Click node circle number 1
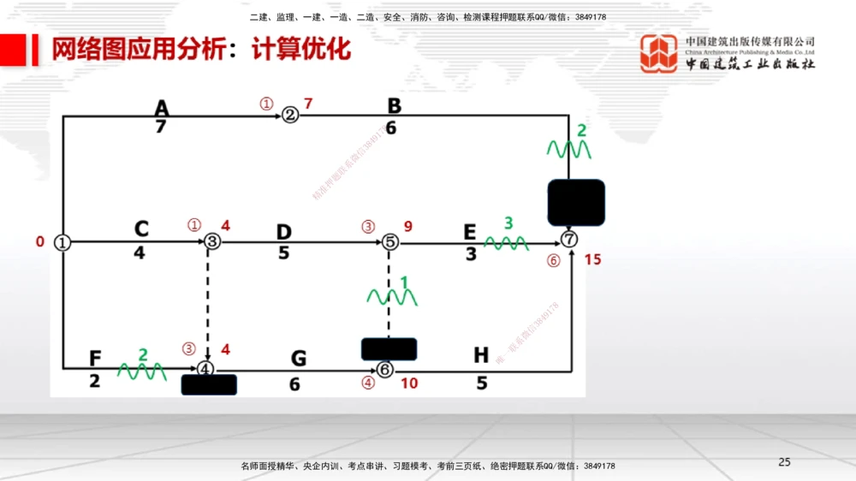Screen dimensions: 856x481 62,242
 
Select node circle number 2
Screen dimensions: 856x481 290,115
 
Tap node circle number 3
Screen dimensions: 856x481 212,242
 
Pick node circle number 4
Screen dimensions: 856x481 205,369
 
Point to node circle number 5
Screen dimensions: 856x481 389,242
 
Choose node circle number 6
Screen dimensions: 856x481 385,369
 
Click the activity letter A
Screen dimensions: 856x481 162,108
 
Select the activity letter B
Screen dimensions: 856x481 394,106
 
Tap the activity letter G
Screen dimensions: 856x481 298,359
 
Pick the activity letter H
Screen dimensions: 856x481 481,355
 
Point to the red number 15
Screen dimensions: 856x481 592,259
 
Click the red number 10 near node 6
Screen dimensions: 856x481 409,383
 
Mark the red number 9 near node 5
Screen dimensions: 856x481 408,227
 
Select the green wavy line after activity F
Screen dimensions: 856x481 141,371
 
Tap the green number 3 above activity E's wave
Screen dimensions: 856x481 508,223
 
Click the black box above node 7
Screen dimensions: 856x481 576,203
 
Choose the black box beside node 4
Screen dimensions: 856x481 209,385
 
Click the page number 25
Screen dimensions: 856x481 784,462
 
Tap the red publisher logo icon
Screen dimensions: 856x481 660,54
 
